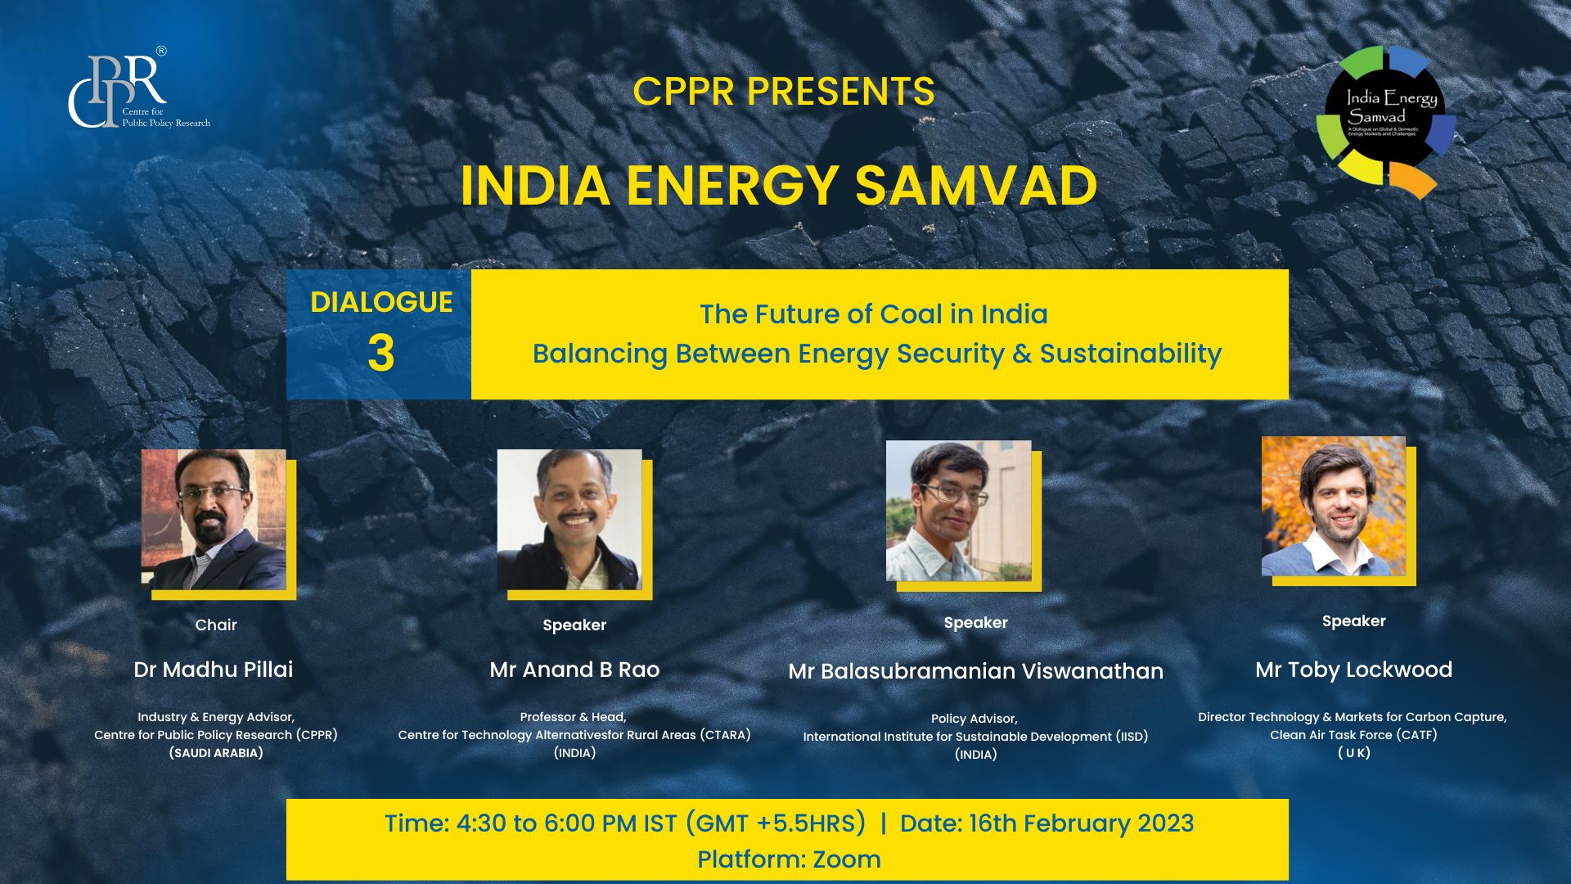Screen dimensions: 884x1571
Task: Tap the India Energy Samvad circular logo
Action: (1386, 120)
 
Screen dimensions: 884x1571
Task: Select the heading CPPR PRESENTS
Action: (783, 92)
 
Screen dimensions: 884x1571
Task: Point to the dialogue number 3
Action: (380, 354)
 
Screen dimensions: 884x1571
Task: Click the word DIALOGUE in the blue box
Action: (381, 303)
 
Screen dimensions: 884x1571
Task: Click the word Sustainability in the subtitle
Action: (1130, 354)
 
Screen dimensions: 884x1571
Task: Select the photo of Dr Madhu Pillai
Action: (214, 520)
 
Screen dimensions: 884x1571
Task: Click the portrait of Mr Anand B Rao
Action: (569, 520)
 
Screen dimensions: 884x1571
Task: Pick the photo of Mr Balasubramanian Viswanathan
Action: (958, 512)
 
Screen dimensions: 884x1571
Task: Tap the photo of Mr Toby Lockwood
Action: (1333, 507)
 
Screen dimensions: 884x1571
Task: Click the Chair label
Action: (216, 625)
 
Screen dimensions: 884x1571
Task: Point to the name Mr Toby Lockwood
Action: (1353, 670)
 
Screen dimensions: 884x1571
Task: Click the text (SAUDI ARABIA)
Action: (216, 753)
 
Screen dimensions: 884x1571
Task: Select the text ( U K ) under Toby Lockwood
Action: (1353, 753)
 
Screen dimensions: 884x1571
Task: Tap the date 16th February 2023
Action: (1081, 823)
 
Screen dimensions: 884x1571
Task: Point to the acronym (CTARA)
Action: (725, 735)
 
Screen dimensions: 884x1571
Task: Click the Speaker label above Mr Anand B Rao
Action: (574, 625)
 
